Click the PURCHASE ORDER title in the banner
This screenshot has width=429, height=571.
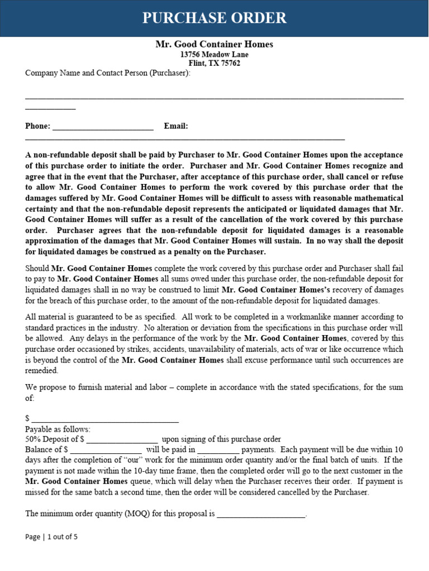point(214,18)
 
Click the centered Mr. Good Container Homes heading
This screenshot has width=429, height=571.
point(214,44)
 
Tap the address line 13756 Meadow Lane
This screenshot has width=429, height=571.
point(214,55)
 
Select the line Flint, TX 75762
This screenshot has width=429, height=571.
point(214,64)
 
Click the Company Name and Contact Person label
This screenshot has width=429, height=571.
point(108,73)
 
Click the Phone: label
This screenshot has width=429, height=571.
point(37,126)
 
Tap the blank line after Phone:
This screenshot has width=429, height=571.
point(103,127)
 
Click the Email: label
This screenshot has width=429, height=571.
point(176,126)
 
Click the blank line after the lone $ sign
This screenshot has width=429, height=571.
point(105,419)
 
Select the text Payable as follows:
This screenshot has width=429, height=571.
point(58,429)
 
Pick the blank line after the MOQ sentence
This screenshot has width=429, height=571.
point(261,515)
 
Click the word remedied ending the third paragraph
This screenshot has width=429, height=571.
point(41,370)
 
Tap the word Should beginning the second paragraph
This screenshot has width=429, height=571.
point(37,268)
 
